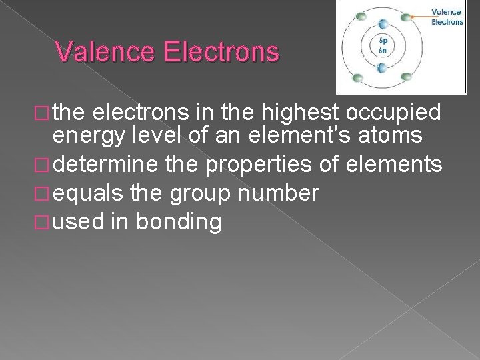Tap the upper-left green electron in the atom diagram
tap(361, 16)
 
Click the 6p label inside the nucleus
tap(382, 41)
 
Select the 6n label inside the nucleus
tap(382, 50)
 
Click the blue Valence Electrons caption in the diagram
tap(447, 17)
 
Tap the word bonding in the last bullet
tap(179, 222)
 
